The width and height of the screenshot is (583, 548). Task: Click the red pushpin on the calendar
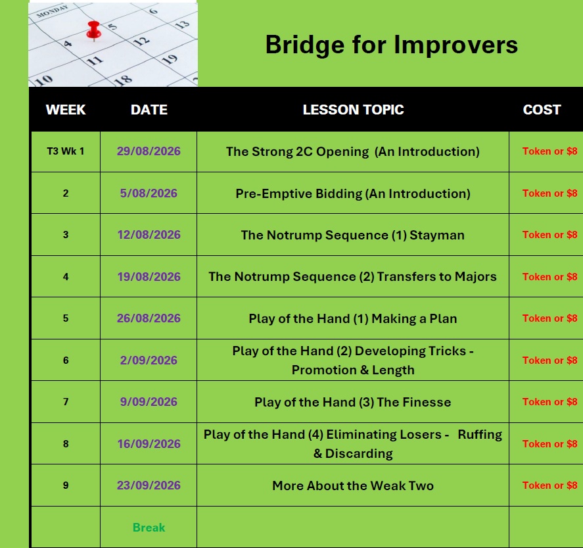pyautogui.click(x=93, y=30)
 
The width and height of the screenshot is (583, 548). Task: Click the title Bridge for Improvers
pyautogui.click(x=391, y=45)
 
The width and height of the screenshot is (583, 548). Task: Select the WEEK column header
pyautogui.click(x=66, y=110)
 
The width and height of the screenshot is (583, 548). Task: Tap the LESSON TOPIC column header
pyautogui.click(x=353, y=110)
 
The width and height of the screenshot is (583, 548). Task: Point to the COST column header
pyautogui.click(x=542, y=110)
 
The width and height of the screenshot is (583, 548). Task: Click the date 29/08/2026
pyautogui.click(x=149, y=151)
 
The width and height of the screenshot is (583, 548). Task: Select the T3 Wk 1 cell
pyautogui.click(x=66, y=151)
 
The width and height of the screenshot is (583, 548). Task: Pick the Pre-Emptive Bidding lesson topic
pyautogui.click(x=353, y=193)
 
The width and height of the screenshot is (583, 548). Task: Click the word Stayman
pyautogui.click(x=437, y=235)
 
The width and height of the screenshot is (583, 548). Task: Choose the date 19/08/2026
pyautogui.click(x=149, y=277)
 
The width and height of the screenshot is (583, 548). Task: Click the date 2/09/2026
pyautogui.click(x=149, y=360)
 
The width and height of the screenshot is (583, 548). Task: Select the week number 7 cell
pyautogui.click(x=66, y=402)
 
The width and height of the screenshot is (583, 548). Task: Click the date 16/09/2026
pyautogui.click(x=149, y=444)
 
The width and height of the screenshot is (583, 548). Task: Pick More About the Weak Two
pyautogui.click(x=353, y=486)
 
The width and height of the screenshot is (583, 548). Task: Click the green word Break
pyautogui.click(x=149, y=528)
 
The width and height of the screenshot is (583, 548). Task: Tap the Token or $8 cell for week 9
pyautogui.click(x=550, y=486)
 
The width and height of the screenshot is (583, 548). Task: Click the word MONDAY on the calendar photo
pyautogui.click(x=52, y=11)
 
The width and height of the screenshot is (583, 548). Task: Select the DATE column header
pyautogui.click(x=149, y=110)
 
